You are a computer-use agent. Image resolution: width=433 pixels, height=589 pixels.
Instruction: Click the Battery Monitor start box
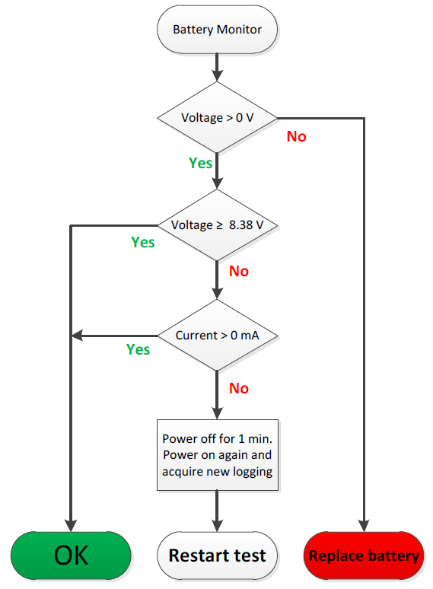click(217, 30)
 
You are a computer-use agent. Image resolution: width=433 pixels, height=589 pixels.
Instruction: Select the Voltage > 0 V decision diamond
click(217, 118)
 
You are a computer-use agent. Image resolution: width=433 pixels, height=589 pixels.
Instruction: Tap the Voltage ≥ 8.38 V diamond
click(217, 225)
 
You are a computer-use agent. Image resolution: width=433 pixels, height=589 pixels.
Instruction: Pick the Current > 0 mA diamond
click(217, 335)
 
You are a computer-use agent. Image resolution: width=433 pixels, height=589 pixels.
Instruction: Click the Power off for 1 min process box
click(218, 455)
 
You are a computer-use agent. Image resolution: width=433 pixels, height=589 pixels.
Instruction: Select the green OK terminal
click(71, 556)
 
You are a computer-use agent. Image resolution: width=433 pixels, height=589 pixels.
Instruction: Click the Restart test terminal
click(217, 556)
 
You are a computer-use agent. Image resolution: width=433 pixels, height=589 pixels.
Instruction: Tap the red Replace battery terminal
click(364, 556)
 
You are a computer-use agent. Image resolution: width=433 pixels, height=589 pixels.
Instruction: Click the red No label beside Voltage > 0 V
click(296, 136)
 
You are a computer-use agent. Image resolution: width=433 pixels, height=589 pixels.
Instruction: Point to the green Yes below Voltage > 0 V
click(200, 163)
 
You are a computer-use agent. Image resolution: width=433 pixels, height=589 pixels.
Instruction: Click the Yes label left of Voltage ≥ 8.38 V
click(143, 242)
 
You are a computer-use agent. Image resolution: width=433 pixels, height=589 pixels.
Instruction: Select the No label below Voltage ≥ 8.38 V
click(239, 271)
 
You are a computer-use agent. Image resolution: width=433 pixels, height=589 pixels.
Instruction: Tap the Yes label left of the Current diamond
click(138, 349)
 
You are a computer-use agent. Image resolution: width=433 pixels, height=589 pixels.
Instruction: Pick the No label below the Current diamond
click(239, 388)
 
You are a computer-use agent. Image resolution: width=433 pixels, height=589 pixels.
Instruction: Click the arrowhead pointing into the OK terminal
click(71, 526)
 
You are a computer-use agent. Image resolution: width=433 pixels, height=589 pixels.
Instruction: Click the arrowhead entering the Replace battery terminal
click(364, 526)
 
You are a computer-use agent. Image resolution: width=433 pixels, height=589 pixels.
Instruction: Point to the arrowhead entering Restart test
click(217, 526)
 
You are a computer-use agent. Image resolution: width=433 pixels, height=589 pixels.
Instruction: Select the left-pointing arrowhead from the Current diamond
click(77, 335)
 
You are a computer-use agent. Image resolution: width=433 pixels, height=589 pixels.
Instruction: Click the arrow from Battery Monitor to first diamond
click(217, 67)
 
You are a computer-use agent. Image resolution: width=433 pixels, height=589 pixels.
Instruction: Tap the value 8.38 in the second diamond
click(240, 225)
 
